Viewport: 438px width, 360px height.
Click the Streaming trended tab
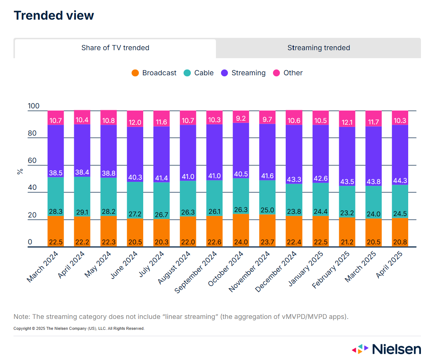click(318, 48)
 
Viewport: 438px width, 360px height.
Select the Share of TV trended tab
click(115, 48)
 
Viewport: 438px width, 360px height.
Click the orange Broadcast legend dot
click(135, 73)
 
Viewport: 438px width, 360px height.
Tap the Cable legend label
click(204, 73)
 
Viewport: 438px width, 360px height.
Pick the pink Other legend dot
click(277, 73)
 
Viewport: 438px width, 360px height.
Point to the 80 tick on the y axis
click(32, 133)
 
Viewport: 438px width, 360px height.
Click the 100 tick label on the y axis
click(33, 106)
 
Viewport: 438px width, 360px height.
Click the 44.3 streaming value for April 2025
click(400, 181)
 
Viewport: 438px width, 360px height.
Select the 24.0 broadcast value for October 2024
click(241, 242)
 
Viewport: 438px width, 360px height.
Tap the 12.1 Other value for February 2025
click(347, 123)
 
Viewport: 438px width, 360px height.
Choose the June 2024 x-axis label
click(124, 265)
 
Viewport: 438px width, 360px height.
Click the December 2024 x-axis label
click(276, 272)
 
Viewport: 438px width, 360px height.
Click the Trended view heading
click(54, 16)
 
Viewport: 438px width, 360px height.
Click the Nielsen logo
click(386, 349)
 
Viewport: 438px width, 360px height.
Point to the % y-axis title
click(20, 171)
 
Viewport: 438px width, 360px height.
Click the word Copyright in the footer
click(22, 329)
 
